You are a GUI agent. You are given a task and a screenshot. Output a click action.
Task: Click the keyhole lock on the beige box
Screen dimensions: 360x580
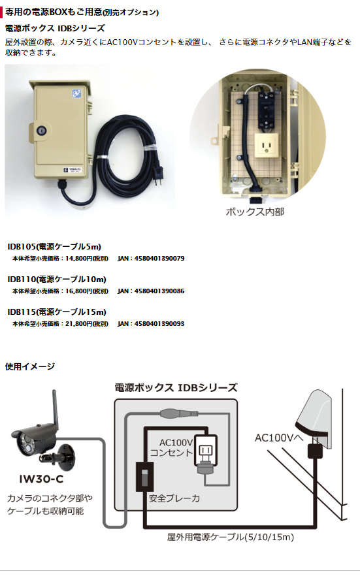coord(40,131)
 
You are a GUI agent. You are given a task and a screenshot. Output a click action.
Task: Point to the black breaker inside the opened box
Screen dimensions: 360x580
coord(267,110)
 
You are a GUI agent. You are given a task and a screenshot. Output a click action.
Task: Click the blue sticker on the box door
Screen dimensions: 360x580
coord(76,93)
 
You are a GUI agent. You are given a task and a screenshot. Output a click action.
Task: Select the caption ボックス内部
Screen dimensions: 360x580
coord(255,212)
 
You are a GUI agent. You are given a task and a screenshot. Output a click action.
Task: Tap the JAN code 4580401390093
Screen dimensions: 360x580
coord(159,324)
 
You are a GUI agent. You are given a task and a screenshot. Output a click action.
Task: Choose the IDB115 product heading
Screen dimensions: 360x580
coord(57,312)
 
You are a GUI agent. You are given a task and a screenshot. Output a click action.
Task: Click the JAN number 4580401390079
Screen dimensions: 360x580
coord(159,258)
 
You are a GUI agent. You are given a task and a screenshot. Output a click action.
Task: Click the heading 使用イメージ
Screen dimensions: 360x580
coord(30,366)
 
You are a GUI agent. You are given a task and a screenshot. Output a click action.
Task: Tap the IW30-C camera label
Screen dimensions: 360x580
coord(41,479)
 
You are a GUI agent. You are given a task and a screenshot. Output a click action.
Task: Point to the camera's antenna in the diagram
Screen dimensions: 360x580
coord(54,408)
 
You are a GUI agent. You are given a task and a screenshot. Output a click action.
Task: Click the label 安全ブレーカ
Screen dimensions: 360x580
coord(174,498)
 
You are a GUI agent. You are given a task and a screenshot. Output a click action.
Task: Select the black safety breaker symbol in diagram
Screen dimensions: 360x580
coord(144,477)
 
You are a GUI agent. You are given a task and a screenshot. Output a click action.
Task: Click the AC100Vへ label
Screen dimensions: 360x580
coord(279,438)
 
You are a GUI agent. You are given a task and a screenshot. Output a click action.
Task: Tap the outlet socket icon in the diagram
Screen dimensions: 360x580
coord(205,451)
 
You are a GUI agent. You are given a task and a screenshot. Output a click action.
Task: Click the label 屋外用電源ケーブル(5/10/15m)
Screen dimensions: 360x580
coord(230,537)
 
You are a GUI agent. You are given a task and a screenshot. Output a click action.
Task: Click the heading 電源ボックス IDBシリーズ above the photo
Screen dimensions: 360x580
coord(55,28)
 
